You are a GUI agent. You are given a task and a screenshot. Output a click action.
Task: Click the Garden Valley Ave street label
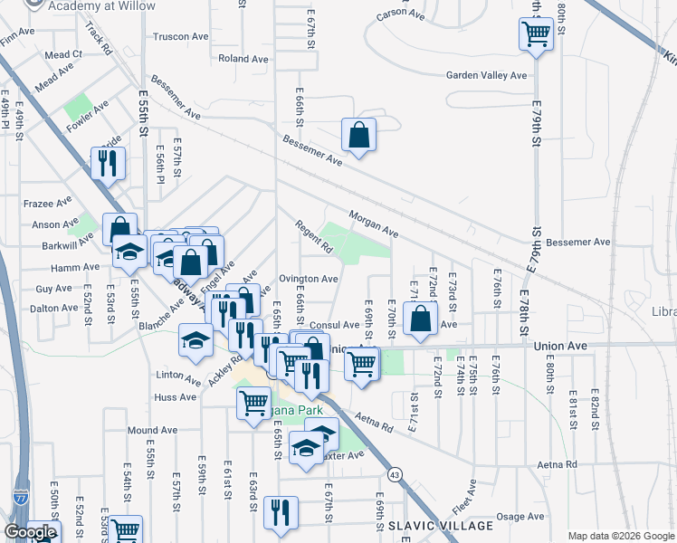485,76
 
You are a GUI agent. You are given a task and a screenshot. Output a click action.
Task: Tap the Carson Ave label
400,14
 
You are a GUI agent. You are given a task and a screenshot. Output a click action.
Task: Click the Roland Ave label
243,59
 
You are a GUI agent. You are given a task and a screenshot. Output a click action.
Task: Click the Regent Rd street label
316,237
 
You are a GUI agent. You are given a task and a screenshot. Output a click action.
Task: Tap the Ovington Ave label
309,280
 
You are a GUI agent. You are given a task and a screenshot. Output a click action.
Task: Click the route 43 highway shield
395,473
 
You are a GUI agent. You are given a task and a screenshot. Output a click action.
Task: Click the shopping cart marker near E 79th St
536,35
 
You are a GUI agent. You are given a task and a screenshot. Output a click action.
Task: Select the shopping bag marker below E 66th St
359,136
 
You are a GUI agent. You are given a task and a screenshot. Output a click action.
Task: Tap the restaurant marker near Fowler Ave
106,164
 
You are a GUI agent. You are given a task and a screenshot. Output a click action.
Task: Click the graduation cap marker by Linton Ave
195,340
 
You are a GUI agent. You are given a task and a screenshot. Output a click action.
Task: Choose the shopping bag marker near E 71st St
421,319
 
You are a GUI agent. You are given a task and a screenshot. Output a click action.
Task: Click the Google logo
30,533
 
